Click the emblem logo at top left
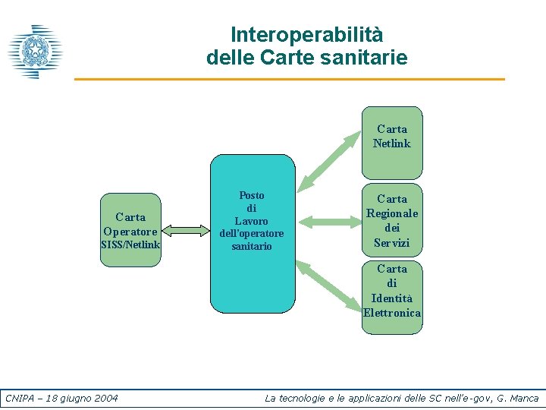[35, 52]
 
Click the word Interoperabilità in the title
[306, 35]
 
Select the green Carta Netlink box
[391, 143]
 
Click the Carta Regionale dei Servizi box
[391, 220]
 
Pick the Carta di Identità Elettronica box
[391, 296]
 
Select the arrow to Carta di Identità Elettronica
[331, 285]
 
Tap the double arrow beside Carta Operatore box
[185, 230]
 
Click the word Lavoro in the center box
[252, 221]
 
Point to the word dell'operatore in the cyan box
[252, 233]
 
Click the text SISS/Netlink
[130, 244]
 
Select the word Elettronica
[391, 313]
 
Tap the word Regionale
[391, 213]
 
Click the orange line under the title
[288, 79]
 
